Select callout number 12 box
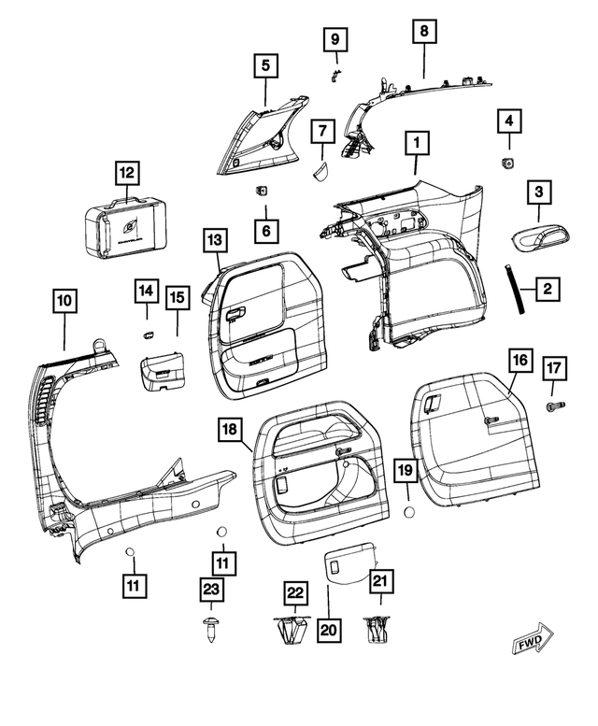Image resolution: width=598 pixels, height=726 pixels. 126,173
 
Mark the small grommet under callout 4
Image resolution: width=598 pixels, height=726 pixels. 509,164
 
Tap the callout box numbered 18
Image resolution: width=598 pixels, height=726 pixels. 230,430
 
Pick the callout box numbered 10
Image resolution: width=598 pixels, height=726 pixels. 64,301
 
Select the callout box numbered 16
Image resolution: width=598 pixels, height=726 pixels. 519,360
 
